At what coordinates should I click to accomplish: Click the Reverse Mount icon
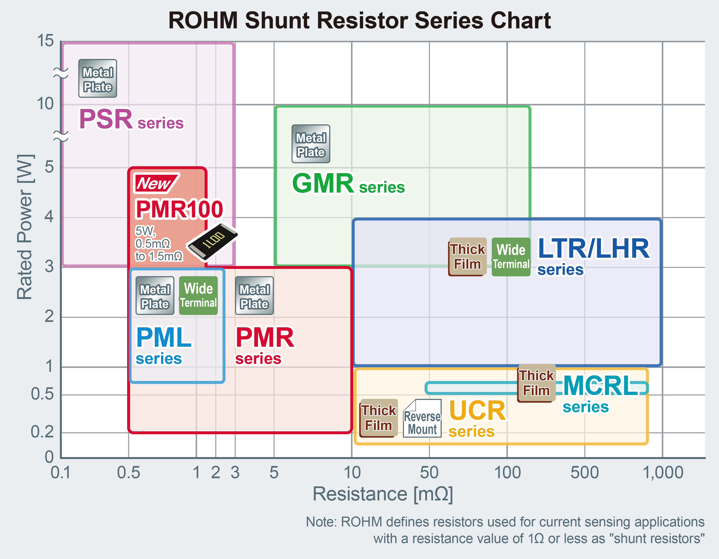pos(422,418)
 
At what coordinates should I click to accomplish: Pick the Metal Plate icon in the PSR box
pos(97,78)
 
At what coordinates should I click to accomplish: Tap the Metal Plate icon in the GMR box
pos(311,144)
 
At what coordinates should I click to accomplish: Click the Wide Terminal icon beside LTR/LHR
pos(511,257)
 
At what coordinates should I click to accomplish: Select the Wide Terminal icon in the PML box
pos(198,295)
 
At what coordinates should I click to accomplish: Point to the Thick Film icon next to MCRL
pos(537,383)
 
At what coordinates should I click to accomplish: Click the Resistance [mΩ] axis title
pos(383,494)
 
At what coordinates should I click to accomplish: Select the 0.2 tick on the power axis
pos(42,432)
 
